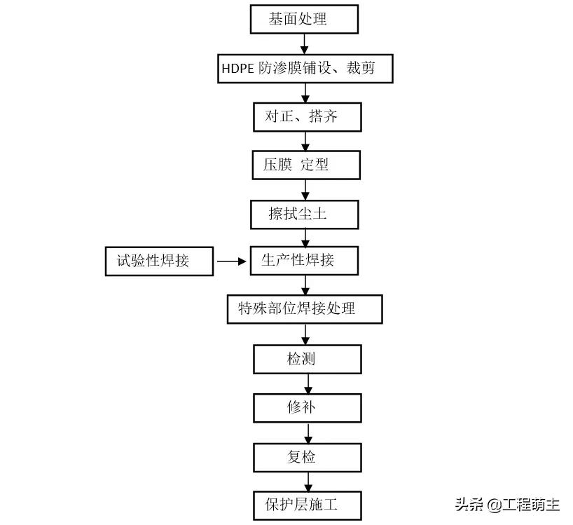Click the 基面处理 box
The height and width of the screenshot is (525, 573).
(304, 19)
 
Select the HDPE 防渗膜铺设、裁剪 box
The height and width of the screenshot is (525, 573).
(304, 69)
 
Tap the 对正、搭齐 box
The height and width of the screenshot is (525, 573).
(307, 117)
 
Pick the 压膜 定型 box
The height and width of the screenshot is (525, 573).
(306, 165)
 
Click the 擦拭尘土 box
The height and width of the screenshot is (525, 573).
(304, 214)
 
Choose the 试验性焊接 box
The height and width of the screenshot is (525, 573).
(159, 261)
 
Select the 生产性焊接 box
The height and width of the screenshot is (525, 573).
(304, 260)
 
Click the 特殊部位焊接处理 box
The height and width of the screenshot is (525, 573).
(304, 309)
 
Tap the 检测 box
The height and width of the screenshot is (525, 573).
(307, 359)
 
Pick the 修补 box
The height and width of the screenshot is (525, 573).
(307, 407)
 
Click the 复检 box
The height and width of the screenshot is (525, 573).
(307, 457)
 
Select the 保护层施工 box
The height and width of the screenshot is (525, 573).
(307, 505)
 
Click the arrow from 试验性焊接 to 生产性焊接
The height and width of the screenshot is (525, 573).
(232, 261)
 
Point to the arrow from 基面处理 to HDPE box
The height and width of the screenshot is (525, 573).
(304, 43)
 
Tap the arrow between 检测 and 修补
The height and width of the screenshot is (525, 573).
(308, 383)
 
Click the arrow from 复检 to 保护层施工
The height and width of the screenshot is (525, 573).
(308, 482)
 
